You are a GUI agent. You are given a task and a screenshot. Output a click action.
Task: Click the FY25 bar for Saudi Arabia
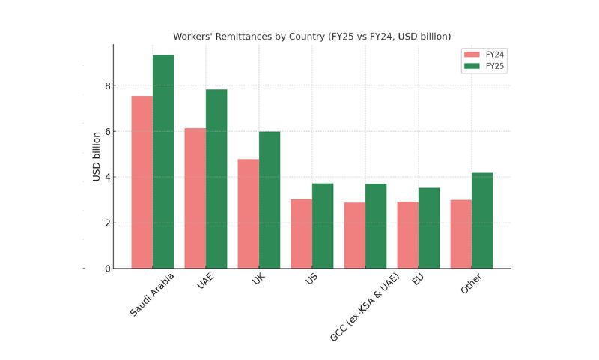(x=163, y=161)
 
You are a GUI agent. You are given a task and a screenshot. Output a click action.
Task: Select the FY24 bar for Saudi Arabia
(x=142, y=182)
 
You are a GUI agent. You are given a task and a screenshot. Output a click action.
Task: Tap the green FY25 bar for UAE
(x=216, y=178)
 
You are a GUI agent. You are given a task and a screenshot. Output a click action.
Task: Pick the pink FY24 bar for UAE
(x=195, y=198)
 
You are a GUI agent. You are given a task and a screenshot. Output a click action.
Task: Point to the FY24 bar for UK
(x=248, y=214)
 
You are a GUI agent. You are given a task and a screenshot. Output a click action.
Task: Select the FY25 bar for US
(x=323, y=226)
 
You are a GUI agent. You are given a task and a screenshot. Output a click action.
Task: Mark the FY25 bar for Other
(x=482, y=220)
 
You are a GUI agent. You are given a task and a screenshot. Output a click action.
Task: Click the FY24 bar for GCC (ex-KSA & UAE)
(x=354, y=235)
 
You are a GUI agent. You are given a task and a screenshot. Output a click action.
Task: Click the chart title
(x=311, y=36)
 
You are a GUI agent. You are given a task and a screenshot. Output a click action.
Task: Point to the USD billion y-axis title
(x=97, y=156)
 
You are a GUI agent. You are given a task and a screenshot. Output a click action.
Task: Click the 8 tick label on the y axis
(x=107, y=85)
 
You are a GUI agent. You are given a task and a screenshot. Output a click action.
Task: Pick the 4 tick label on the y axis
(x=107, y=177)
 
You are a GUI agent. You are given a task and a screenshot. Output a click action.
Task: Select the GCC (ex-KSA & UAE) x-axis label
(x=365, y=307)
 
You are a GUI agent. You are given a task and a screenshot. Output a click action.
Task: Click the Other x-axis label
(x=472, y=285)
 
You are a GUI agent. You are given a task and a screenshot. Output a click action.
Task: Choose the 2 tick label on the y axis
(x=107, y=223)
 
